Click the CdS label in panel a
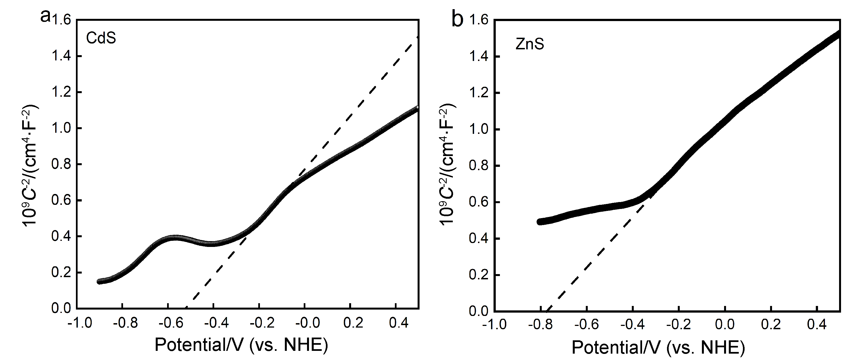[101, 38]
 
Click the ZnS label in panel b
[530, 44]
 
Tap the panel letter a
[45, 16]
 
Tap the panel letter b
[457, 19]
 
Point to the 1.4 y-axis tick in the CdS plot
[62, 57]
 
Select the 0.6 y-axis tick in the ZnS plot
[479, 202]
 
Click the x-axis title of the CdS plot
[241, 344]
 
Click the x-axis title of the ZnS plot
[658, 347]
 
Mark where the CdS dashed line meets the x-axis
[186, 308]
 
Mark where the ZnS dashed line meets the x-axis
[547, 311]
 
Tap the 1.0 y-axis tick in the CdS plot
[62, 128]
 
